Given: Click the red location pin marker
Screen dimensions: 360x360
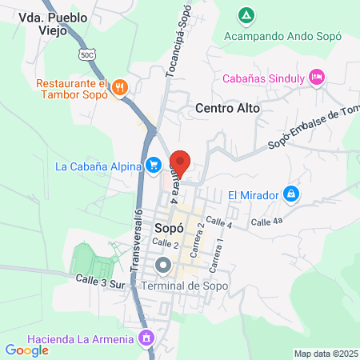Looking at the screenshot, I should (x=180, y=162).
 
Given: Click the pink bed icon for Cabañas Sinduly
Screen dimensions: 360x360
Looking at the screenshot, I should (x=317, y=77).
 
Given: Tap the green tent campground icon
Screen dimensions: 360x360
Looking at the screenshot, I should (x=246, y=15).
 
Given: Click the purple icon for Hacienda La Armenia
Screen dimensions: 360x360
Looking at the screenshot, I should (x=146, y=339).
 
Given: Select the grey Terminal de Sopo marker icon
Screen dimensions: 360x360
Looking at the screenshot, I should (x=164, y=265).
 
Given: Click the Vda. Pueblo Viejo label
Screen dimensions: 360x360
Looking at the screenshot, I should (x=50, y=24).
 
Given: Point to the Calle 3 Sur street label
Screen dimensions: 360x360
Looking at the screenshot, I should (x=102, y=280).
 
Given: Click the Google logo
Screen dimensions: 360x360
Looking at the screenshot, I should (x=26, y=350).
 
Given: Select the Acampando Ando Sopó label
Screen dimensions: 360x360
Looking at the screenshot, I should (x=282, y=37).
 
